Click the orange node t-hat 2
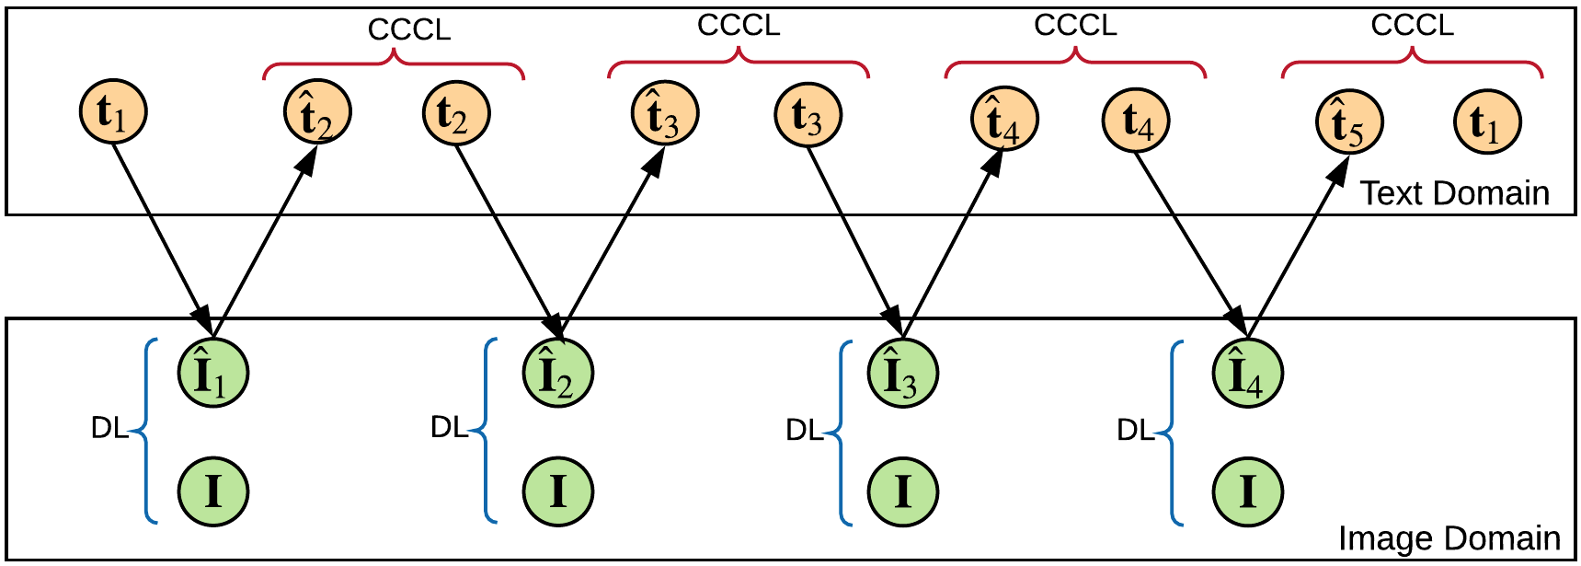click(x=316, y=113)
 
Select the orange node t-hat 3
click(x=664, y=113)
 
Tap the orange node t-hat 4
click(x=1003, y=120)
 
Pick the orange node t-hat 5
click(x=1348, y=123)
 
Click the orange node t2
click(x=455, y=113)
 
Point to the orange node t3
click(x=807, y=115)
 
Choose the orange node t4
click(x=1135, y=121)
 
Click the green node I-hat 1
click(x=212, y=373)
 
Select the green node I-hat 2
click(x=557, y=373)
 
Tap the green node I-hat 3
click(x=902, y=373)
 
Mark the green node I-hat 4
click(x=1247, y=373)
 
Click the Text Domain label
click(x=1454, y=193)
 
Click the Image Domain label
click(x=1449, y=538)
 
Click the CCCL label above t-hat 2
click(x=409, y=29)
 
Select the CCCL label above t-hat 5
click(x=1412, y=25)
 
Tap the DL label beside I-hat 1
click(x=109, y=428)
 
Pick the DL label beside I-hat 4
click(x=1134, y=430)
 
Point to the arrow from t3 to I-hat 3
click(x=854, y=239)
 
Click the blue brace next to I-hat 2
click(x=487, y=430)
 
